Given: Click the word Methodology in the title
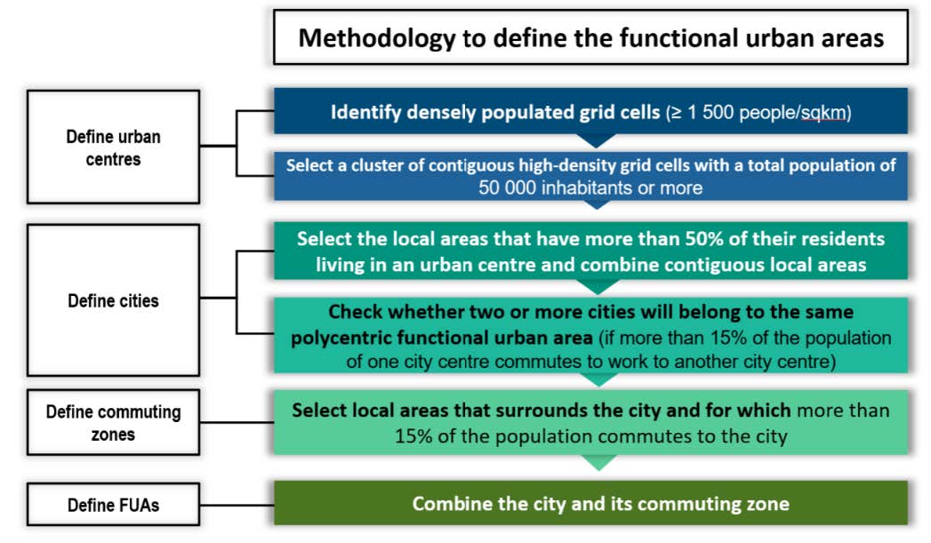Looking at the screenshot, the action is [377, 38].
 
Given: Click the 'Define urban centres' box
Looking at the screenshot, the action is [114, 148].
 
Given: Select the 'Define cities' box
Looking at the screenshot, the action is [114, 300].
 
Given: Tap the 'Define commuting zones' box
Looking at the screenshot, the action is [114, 422].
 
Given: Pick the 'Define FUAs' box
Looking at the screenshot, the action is [114, 505].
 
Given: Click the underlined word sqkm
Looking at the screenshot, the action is [823, 113].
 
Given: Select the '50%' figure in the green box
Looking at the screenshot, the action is [704, 238].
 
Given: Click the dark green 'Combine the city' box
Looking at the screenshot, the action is [590, 503].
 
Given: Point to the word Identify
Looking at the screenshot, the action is [365, 112].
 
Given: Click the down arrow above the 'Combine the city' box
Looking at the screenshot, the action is [598, 463].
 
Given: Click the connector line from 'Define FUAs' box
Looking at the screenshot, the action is [237, 505].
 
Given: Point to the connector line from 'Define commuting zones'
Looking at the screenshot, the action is [237, 422].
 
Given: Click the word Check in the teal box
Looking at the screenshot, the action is [355, 312].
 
